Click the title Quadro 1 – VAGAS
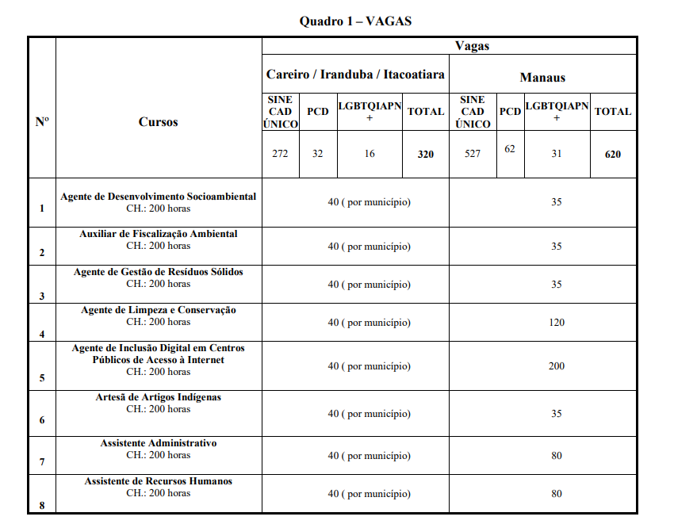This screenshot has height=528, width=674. click(355, 21)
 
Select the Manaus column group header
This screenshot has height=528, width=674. click(542, 77)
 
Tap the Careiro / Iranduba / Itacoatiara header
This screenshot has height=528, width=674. click(355, 75)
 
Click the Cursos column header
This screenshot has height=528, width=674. click(159, 121)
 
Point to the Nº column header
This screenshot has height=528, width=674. click(42, 121)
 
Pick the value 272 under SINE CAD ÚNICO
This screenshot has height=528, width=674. click(280, 154)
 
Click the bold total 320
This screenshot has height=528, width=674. click(426, 154)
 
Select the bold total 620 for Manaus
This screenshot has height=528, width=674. click(613, 154)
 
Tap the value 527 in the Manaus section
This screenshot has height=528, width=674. click(473, 154)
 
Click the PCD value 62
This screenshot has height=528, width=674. click(510, 148)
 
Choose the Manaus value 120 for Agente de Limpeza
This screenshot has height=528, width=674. click(557, 322)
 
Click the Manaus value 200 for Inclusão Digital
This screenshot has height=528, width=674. click(557, 365)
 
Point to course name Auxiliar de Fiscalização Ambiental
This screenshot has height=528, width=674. click(159, 234)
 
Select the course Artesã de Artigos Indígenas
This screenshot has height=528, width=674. click(159, 396)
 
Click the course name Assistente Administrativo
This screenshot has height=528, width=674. click(159, 443)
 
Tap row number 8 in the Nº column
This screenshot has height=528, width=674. click(42, 505)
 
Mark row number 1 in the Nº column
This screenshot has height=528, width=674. click(42, 209)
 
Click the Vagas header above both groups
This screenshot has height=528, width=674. click(472, 46)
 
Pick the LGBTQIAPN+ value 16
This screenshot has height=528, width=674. click(370, 154)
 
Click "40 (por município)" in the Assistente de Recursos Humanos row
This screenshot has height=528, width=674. click(370, 493)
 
